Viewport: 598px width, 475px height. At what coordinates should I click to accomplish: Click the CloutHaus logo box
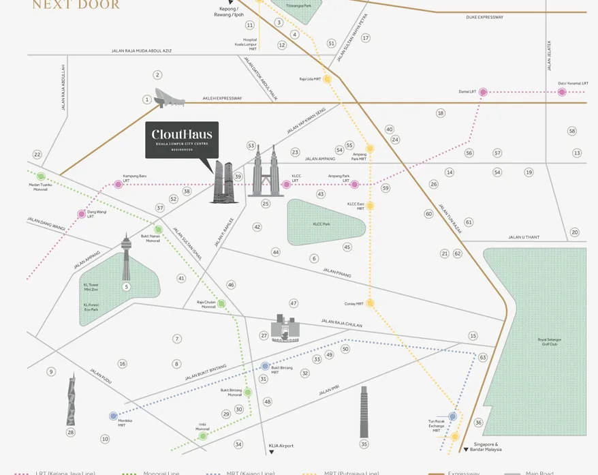(182, 140)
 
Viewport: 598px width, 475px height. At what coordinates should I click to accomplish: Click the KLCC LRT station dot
(277, 185)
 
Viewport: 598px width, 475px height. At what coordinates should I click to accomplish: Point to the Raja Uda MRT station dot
(327, 79)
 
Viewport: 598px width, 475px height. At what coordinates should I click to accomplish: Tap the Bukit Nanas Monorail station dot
(158, 230)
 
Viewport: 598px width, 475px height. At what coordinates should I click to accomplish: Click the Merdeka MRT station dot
(113, 416)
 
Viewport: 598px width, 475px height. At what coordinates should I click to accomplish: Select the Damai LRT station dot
(483, 92)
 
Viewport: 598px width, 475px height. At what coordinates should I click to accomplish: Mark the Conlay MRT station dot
(370, 303)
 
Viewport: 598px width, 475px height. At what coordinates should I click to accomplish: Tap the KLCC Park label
(321, 224)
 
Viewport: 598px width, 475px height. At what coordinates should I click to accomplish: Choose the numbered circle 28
(70, 432)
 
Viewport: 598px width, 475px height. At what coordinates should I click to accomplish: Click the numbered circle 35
(364, 444)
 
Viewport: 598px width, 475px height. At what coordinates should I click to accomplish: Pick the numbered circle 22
(37, 155)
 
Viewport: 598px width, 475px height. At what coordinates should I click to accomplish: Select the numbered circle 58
(572, 131)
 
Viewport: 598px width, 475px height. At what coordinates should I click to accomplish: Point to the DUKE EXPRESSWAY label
(484, 17)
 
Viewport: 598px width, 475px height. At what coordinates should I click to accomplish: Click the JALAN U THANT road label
(523, 237)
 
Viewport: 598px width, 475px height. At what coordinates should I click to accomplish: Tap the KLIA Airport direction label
(281, 446)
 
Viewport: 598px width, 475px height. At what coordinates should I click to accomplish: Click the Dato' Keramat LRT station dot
(562, 92)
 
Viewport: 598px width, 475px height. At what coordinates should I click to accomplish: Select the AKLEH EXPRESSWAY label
(222, 98)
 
